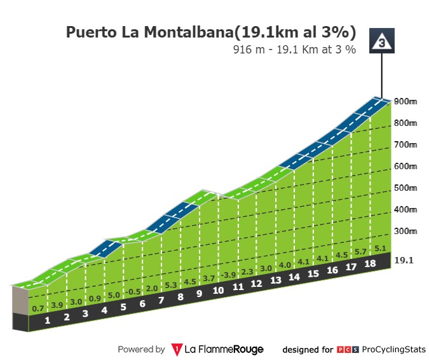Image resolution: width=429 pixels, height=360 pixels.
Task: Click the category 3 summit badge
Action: click(x=381, y=42)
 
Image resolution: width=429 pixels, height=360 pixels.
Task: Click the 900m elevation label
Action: click(x=404, y=101)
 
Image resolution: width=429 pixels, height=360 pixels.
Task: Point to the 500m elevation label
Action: click(x=404, y=188)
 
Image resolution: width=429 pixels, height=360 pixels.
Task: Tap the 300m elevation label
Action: click(x=404, y=231)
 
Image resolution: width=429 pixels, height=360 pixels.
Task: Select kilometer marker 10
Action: click(x=218, y=291)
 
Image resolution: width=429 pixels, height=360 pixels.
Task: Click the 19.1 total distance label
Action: click(x=404, y=260)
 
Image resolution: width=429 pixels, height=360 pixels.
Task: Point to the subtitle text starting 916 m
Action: click(x=294, y=48)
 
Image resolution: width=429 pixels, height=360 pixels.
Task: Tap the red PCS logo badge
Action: click(x=347, y=349)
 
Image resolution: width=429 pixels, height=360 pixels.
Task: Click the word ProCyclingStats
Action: click(x=393, y=349)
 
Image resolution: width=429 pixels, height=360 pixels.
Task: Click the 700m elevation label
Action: click(x=404, y=144)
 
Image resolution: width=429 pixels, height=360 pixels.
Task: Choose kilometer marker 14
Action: click(x=294, y=277)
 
